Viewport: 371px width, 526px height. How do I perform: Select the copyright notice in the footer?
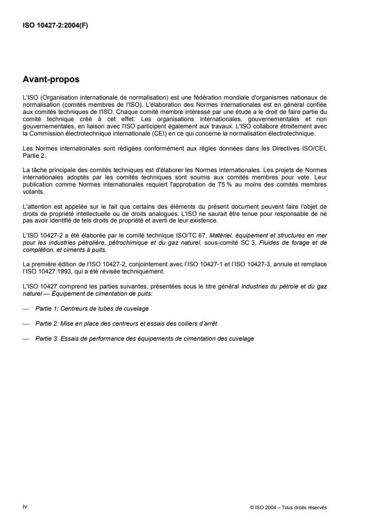(x=288, y=507)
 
